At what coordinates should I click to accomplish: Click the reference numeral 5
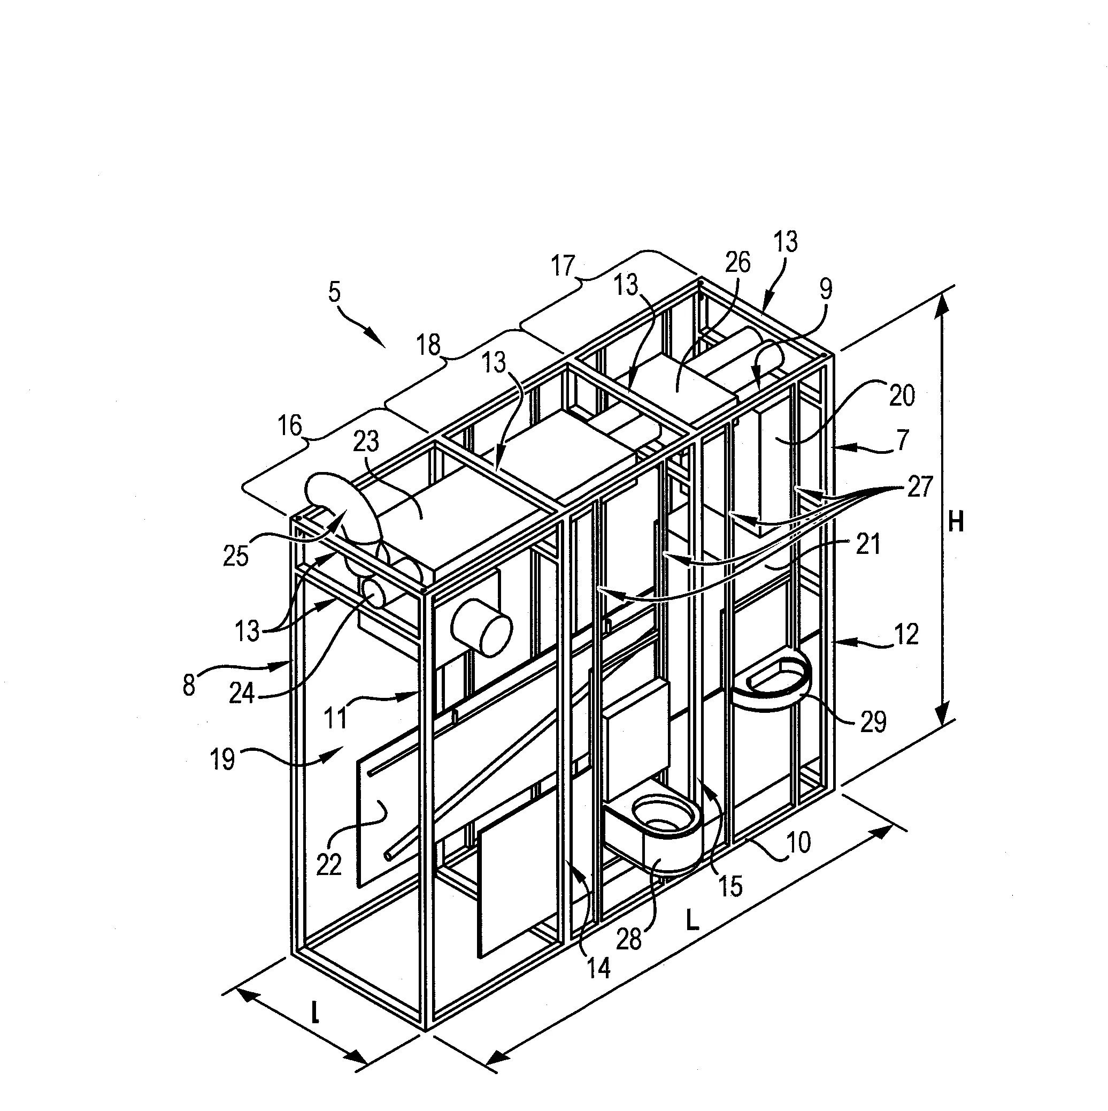[x=334, y=292]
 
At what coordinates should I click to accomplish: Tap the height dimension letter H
[x=956, y=523]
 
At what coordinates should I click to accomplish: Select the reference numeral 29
[x=873, y=722]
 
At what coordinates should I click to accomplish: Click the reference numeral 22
[x=329, y=864]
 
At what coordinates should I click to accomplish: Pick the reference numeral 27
[x=920, y=487]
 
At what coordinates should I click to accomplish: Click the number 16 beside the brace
[x=290, y=426]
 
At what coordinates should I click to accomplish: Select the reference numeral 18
[x=428, y=345]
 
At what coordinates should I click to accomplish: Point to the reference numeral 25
[x=236, y=556]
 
